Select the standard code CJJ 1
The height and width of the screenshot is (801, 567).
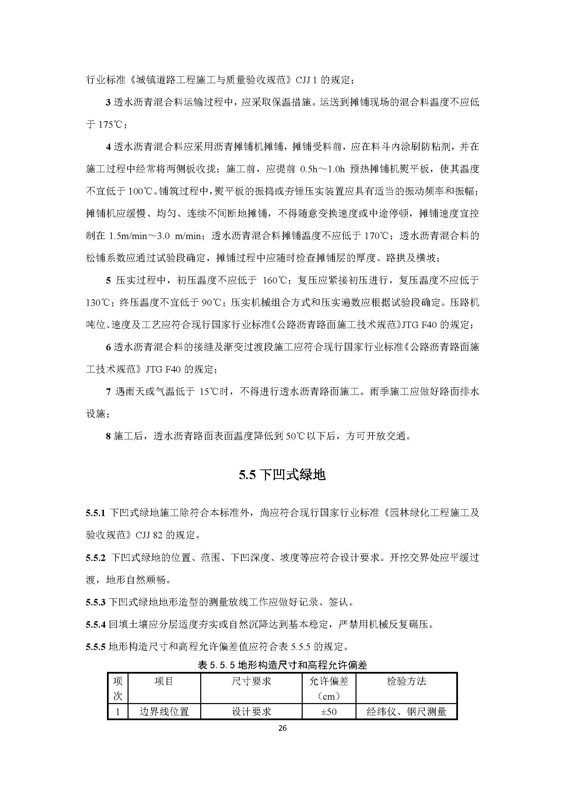[x=306, y=80]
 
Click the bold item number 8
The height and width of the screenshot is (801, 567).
[x=108, y=436]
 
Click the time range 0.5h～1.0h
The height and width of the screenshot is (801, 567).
[x=322, y=170]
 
